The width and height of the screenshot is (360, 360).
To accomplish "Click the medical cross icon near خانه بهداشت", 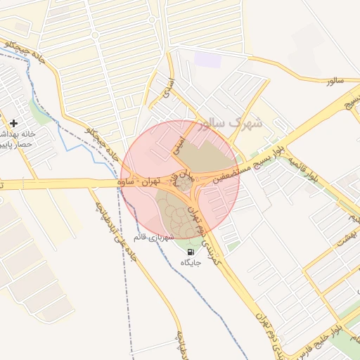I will click(13, 123).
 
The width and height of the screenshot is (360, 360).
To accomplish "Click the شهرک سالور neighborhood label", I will click(231, 124).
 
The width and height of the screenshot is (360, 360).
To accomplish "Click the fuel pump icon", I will click(191, 251).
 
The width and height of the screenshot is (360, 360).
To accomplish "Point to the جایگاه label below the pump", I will click(191, 262).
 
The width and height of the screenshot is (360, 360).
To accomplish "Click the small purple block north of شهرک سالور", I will click(207, 59).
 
